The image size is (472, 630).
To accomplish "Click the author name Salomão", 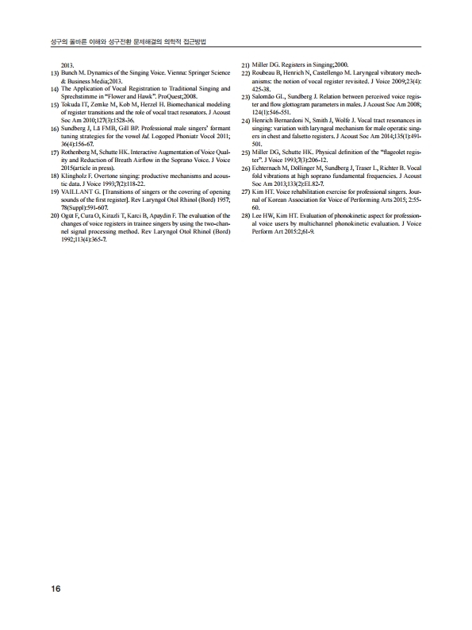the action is point(266,96).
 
